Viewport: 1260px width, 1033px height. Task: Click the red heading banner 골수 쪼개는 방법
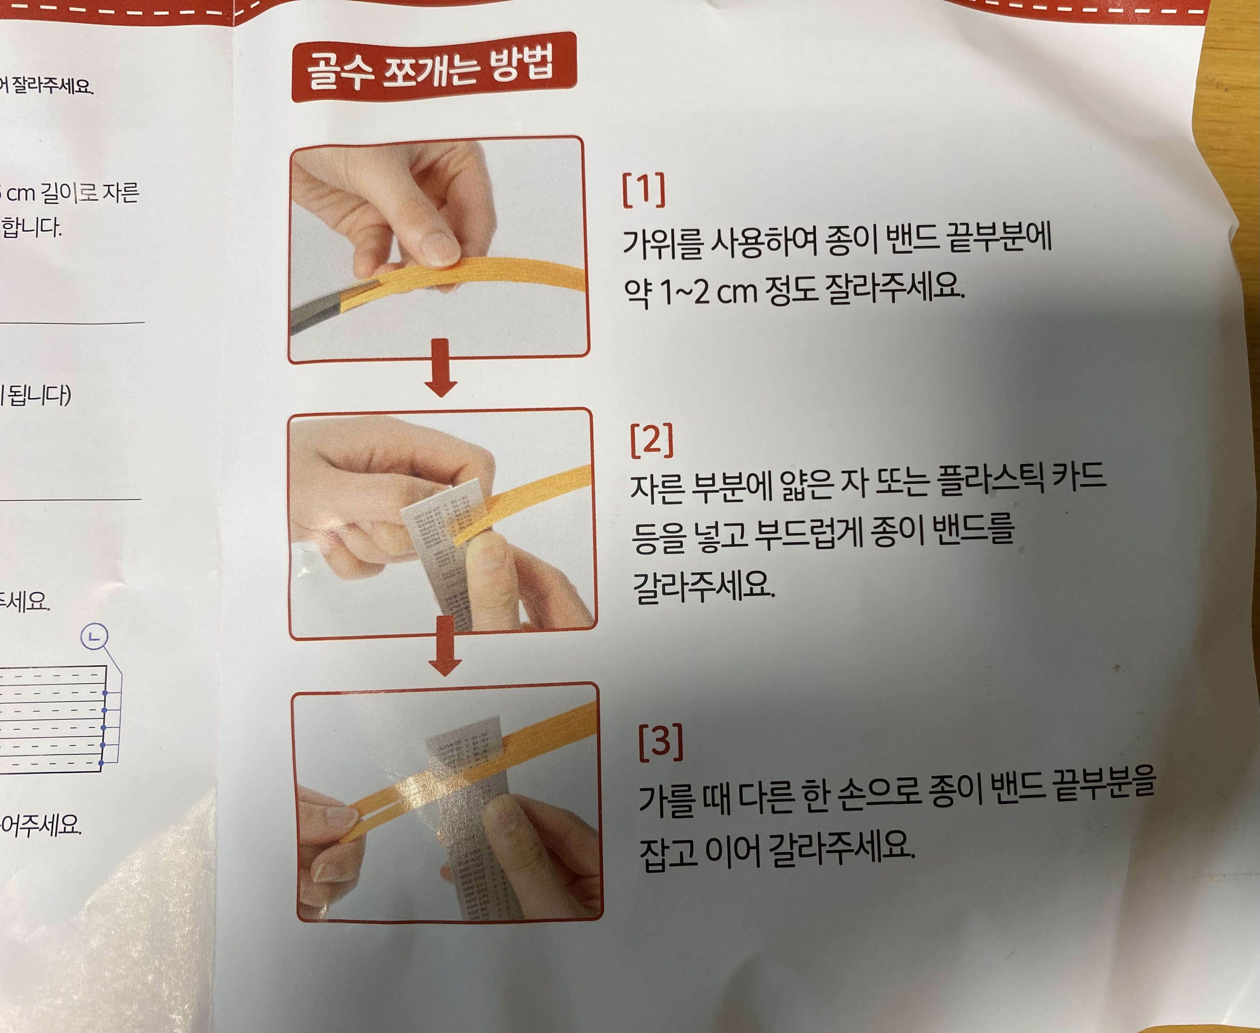(x=433, y=67)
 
